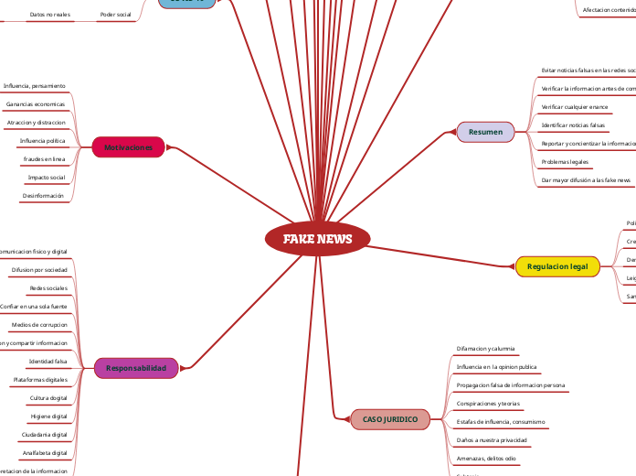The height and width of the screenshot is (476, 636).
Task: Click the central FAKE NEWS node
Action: tap(317, 239)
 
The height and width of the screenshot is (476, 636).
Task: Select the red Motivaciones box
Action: tap(129, 147)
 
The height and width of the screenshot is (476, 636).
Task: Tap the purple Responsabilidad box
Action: tap(136, 368)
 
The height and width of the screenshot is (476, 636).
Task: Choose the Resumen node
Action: tap(485, 133)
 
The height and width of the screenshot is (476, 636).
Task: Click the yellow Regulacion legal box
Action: tap(557, 266)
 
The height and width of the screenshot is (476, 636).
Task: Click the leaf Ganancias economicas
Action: tap(36, 104)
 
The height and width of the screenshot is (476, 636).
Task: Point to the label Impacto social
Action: tap(46, 178)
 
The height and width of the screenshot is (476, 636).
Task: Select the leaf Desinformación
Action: tap(43, 196)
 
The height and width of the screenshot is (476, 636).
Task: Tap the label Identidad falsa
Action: tap(48, 362)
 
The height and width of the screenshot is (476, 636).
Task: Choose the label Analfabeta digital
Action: tap(45, 453)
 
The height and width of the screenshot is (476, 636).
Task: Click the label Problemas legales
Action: tap(565, 162)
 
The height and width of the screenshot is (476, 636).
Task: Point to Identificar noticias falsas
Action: tap(573, 125)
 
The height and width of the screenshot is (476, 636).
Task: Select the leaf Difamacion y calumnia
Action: tap(485, 349)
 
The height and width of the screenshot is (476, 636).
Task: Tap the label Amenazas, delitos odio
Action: tap(485, 459)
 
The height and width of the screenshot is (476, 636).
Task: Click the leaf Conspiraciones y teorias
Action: tap(488, 404)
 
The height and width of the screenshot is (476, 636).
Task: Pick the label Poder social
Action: tap(115, 15)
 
